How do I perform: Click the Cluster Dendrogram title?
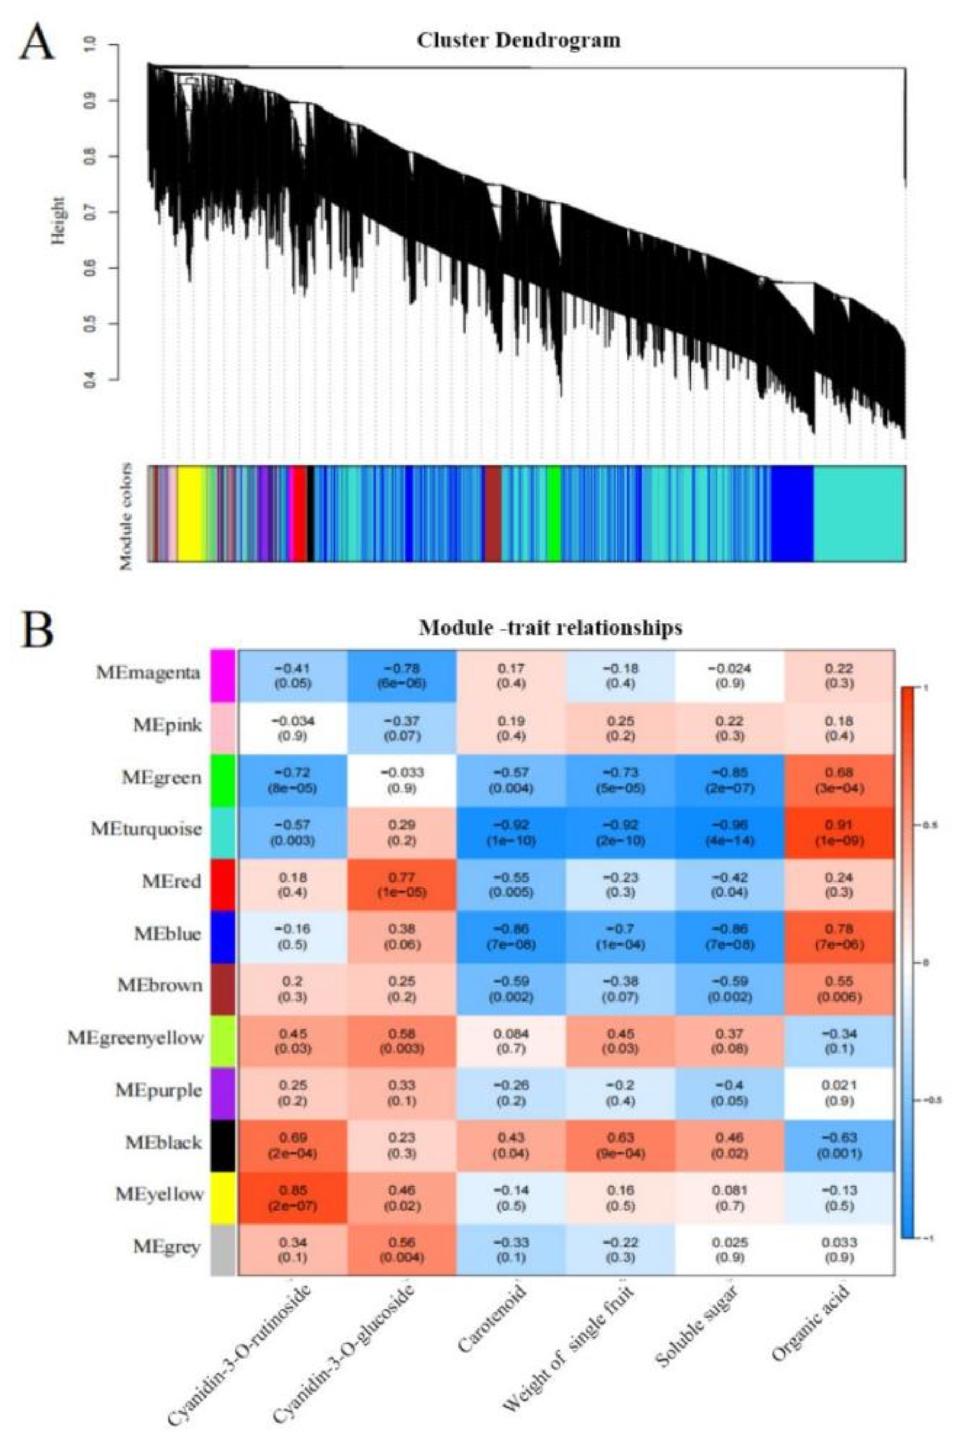[x=519, y=40]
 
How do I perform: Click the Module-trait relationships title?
[x=550, y=627]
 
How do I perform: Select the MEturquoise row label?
[x=146, y=829]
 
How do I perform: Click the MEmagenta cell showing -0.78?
[x=402, y=676]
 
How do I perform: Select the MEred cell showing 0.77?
[x=402, y=884]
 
